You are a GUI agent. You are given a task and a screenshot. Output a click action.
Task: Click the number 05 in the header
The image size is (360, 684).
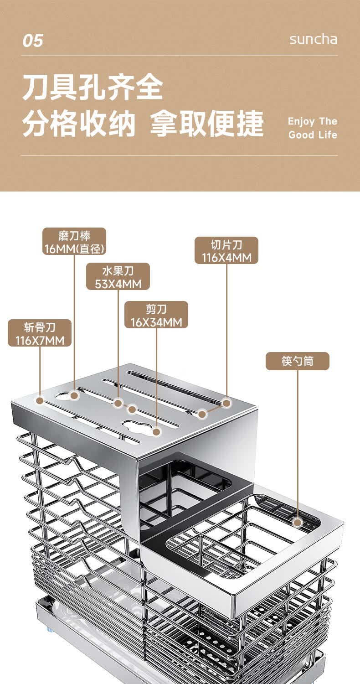[33, 41]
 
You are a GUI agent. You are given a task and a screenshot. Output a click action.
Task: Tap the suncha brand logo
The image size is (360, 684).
[314, 39]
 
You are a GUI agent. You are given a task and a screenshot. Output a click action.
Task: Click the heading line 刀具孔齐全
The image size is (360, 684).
[93, 88]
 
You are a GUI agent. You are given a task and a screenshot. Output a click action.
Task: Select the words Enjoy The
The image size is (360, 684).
[313, 122]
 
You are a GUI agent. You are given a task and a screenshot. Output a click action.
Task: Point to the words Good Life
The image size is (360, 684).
[313, 135]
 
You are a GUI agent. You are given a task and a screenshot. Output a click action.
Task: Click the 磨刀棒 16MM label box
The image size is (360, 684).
[74, 241]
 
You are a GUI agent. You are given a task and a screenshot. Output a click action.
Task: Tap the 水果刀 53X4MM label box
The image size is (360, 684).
[118, 276]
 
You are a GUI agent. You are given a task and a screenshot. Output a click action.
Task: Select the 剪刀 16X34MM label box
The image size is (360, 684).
[156, 315]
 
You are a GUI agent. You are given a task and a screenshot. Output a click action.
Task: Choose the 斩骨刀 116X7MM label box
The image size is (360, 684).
[40, 333]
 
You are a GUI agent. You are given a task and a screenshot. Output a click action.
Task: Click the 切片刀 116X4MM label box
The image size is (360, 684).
[226, 250]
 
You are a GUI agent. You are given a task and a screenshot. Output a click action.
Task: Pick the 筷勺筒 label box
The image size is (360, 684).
[298, 361]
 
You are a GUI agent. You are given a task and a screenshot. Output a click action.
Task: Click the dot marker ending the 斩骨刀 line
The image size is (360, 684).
[40, 400]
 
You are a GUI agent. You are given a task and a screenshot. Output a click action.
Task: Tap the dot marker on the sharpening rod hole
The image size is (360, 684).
[74, 395]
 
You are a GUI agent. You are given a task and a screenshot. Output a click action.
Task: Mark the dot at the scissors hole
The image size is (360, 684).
[156, 432]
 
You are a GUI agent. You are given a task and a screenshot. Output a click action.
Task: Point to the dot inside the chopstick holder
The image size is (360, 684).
[298, 522]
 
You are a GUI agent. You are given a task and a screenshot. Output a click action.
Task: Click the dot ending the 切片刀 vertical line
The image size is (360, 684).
[226, 403]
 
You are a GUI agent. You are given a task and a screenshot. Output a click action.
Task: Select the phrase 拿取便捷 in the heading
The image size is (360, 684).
[206, 124]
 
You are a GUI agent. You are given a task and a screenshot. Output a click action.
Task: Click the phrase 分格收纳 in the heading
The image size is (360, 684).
[79, 124]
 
